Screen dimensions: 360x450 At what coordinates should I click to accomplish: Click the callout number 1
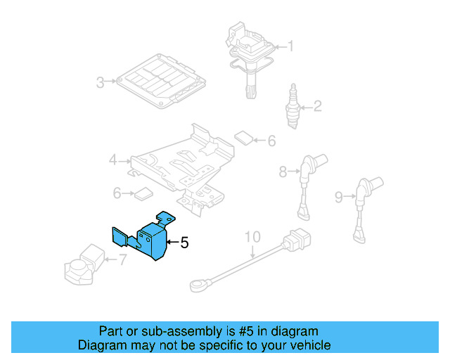click(x=290, y=47)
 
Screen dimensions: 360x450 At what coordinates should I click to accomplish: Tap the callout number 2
click(x=317, y=107)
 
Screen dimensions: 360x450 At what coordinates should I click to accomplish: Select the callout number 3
click(x=101, y=83)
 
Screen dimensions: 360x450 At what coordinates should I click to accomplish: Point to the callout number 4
click(x=113, y=160)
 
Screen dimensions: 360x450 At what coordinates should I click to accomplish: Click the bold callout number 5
click(x=184, y=243)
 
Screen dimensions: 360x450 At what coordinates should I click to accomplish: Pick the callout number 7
click(x=122, y=259)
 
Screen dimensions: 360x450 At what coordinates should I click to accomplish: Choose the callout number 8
click(x=283, y=170)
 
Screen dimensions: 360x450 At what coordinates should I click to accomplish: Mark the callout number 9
click(x=338, y=198)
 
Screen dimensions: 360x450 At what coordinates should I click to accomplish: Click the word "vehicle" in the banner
click(x=309, y=345)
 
